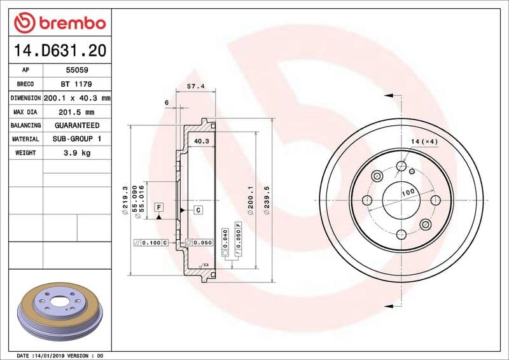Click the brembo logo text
click(x=72, y=24)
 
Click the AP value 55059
click(x=76, y=70)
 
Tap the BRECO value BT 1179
click(x=76, y=84)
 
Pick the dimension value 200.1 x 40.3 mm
click(x=76, y=98)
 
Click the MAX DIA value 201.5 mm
click(x=76, y=112)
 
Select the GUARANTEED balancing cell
click(x=76, y=125)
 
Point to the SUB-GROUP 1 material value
click(x=76, y=139)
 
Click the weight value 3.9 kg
click(x=76, y=153)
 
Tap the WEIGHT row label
click(x=25, y=153)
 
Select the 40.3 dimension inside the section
click(x=201, y=141)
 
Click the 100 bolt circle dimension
click(x=408, y=191)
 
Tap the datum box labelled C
click(x=198, y=210)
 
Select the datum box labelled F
click(x=158, y=207)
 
